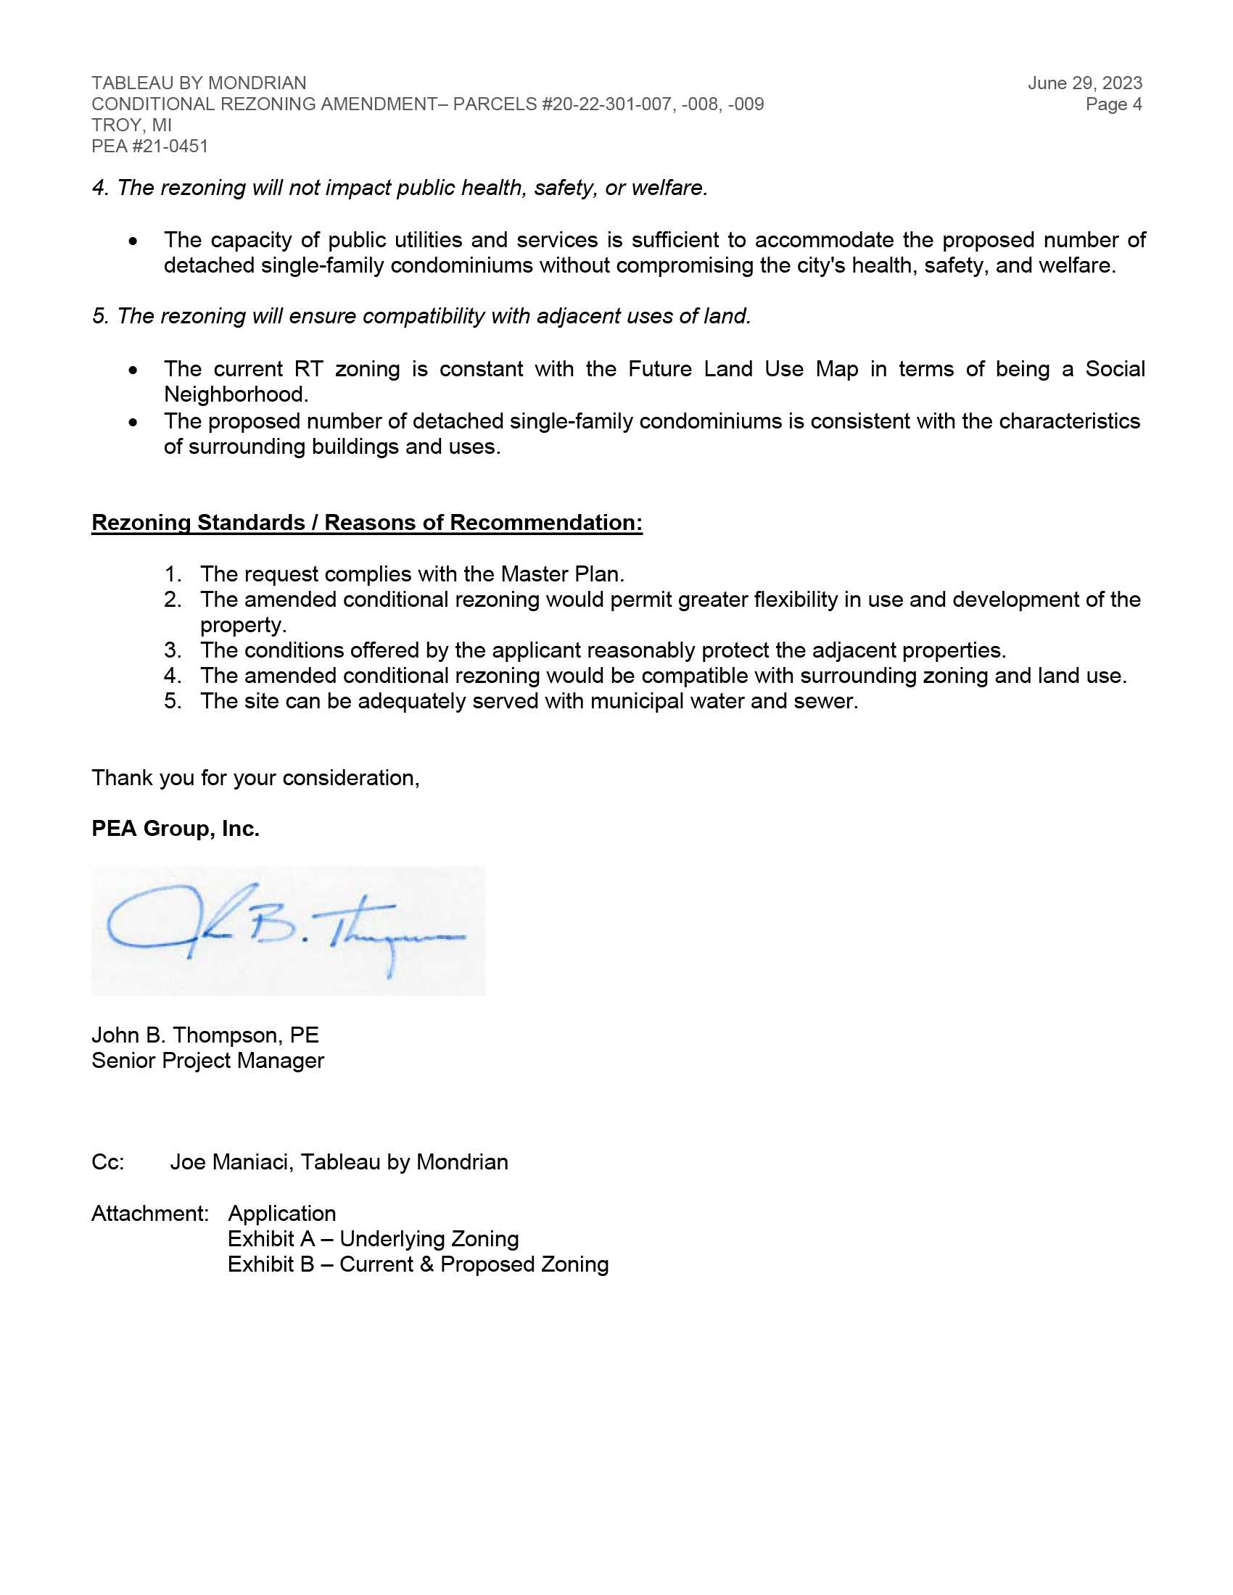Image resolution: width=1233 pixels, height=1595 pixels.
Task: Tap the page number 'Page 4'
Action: tap(1113, 104)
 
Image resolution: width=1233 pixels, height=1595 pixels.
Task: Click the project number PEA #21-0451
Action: tap(149, 146)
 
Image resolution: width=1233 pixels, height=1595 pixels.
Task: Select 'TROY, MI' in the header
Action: tap(131, 125)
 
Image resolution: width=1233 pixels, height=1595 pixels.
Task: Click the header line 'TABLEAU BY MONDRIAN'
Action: tap(199, 83)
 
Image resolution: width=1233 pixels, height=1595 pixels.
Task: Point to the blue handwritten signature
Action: tap(286, 930)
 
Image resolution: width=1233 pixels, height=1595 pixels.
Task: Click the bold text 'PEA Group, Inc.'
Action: tap(176, 829)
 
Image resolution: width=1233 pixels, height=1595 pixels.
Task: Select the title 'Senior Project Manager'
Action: tap(207, 1061)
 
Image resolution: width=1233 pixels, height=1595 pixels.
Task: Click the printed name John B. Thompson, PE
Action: tap(205, 1035)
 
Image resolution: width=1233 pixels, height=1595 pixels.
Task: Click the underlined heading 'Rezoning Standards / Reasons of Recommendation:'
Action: tap(367, 523)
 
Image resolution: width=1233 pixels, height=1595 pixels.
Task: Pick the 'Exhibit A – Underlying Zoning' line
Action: tap(374, 1238)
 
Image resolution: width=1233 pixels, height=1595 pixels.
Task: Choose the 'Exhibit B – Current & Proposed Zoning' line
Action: tap(418, 1264)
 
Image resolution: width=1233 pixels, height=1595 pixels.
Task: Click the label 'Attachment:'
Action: tap(149, 1213)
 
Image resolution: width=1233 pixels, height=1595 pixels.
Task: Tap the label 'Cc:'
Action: tap(108, 1162)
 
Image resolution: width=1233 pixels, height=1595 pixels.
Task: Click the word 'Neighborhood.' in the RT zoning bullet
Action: tap(236, 394)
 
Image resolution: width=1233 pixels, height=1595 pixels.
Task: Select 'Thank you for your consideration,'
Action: tap(255, 778)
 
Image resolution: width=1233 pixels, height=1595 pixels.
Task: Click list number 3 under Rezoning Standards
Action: tap(173, 650)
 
